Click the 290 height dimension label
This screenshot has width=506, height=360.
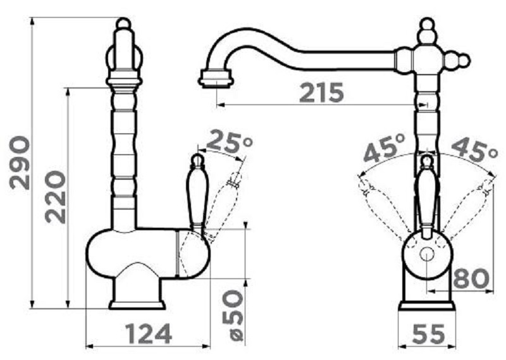point(20,163)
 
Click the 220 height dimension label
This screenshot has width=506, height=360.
point(55,197)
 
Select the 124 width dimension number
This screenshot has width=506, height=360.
point(149,334)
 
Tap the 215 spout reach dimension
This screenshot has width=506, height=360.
point(322,92)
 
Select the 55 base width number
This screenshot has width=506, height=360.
point(428,334)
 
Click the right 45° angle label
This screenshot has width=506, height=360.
point(474,148)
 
